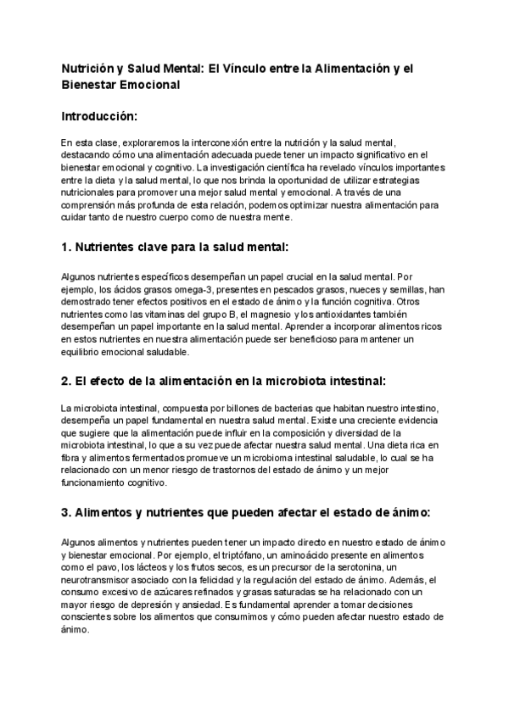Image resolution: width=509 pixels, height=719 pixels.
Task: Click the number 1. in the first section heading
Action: [x=67, y=248]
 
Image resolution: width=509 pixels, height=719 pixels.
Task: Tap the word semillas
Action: [x=405, y=288]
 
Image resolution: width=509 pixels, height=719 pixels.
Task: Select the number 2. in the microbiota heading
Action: [x=67, y=381]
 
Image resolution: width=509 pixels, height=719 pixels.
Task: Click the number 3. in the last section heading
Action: [x=67, y=513]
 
